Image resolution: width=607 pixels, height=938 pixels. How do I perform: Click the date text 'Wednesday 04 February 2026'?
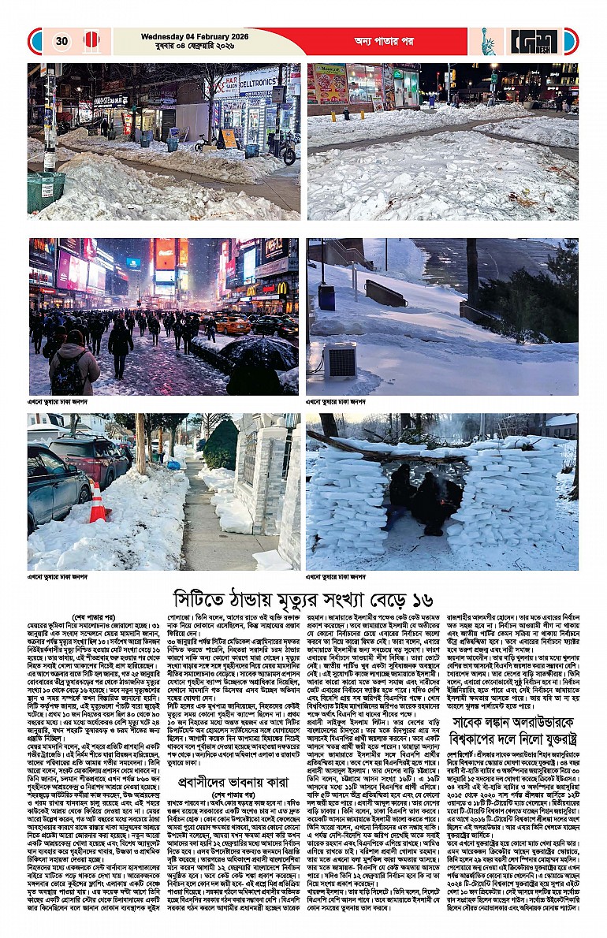[188, 36]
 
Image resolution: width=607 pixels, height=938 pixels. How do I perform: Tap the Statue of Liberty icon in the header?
[488, 41]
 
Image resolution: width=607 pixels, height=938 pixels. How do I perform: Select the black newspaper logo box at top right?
[533, 41]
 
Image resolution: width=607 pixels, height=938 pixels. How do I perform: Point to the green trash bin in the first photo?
[47, 190]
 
